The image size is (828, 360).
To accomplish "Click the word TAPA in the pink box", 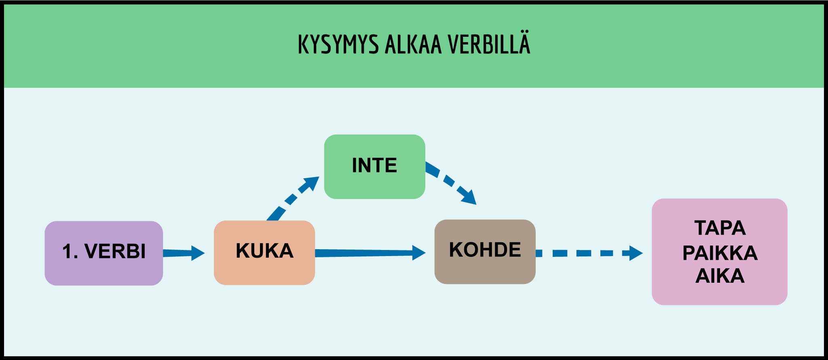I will click(x=720, y=228).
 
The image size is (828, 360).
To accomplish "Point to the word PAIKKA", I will click(x=720, y=253).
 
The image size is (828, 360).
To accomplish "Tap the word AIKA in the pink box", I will click(x=720, y=276).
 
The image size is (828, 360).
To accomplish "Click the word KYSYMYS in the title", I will click(x=338, y=44).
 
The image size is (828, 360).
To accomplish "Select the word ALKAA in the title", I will click(x=413, y=44).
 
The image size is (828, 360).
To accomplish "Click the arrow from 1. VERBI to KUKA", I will click(x=182, y=253).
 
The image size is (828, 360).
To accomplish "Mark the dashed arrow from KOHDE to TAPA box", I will click(x=586, y=253).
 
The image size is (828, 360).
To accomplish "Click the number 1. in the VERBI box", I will click(x=70, y=252).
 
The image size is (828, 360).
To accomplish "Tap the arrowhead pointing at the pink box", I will click(x=636, y=253).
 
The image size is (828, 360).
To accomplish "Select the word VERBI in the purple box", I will click(x=115, y=252).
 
